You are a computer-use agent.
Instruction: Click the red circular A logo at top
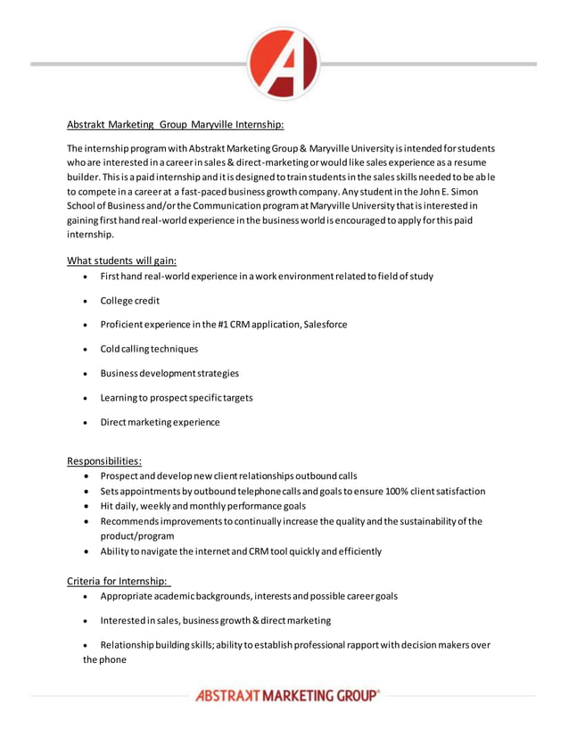coord(283,63)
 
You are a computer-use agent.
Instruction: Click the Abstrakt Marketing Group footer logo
coord(287,696)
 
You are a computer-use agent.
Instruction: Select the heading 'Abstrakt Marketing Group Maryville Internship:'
coord(175,124)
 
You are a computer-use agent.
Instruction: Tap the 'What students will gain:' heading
coord(121,261)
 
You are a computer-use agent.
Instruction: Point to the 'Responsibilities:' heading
coord(104,461)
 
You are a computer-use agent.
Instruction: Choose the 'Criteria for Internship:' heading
coord(118,581)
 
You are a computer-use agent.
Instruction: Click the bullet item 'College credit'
coord(130,301)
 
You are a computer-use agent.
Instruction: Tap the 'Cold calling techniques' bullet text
coord(149,349)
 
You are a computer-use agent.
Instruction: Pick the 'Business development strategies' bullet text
coord(169,373)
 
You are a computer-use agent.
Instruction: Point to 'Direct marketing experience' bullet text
coord(160,422)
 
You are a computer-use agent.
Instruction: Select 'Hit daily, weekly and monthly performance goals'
coord(202,506)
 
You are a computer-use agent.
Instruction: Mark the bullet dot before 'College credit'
coord(84,302)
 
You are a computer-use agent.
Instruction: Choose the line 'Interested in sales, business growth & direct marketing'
coord(215,620)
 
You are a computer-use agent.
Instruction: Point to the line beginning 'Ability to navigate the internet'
coord(240,551)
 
